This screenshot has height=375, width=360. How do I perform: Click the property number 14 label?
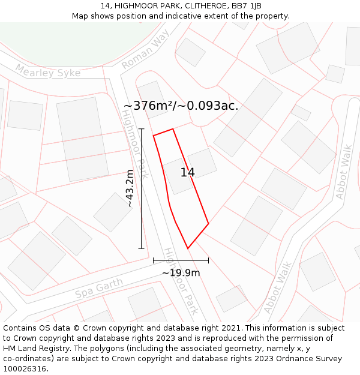pos(187,173)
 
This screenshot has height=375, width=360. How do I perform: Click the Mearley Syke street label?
pos(47,72)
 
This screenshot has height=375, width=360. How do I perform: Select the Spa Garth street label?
pos(99,289)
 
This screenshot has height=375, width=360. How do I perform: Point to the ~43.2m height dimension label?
pos(130,188)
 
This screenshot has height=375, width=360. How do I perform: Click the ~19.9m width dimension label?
pos(181,273)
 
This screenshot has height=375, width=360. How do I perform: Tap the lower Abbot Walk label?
pos(277,287)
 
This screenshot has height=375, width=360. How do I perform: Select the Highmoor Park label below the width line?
pos(181,282)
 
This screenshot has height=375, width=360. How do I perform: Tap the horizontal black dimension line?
pos(181,260)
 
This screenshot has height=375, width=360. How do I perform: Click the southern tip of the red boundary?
pos(188,248)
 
